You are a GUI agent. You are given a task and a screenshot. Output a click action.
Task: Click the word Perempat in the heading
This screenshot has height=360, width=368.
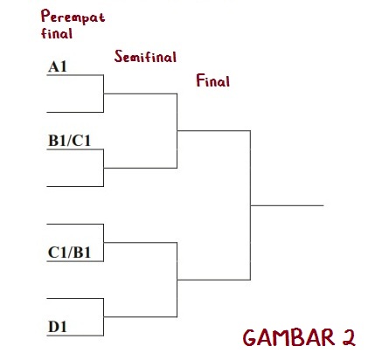[x=73, y=17]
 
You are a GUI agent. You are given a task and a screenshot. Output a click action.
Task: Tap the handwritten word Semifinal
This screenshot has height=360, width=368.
[x=145, y=57]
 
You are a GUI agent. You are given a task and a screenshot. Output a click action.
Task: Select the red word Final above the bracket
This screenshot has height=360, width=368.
[x=213, y=80]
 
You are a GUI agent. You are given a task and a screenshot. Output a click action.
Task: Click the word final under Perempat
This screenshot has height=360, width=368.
[x=57, y=33]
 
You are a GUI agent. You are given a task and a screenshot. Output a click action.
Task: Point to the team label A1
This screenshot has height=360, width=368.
[x=58, y=66]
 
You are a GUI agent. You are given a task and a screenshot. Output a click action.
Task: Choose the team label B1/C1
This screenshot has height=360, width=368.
[x=69, y=141]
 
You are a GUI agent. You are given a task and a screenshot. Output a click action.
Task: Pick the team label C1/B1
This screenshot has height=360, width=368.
[x=69, y=253]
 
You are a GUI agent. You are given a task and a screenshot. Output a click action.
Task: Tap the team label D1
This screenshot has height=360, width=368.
[x=58, y=327]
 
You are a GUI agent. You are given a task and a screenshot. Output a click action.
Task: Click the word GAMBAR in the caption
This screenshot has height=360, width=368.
[x=288, y=337]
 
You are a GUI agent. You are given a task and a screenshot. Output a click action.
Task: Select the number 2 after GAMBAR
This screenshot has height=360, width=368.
[x=349, y=337]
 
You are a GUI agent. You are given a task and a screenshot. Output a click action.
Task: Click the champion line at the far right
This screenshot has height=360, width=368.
[x=287, y=205]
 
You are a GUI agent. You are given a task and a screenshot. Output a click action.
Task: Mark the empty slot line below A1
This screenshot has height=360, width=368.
[x=75, y=112]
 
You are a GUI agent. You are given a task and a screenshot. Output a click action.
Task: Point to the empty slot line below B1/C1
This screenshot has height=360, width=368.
[x=75, y=186]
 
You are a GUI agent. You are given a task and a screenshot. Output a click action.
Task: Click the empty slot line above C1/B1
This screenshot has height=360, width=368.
[x=75, y=224]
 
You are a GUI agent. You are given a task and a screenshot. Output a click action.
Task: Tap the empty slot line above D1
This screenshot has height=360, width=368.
[x=75, y=298]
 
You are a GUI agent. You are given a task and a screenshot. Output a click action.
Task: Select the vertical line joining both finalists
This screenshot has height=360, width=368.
[x=250, y=205]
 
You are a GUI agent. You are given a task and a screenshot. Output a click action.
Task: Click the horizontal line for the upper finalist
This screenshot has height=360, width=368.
[x=214, y=131]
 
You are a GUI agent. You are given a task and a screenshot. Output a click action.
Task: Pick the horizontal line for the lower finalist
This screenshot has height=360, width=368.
[x=214, y=280]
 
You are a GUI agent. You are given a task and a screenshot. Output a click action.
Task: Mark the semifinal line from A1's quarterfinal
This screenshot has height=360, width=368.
[x=141, y=93]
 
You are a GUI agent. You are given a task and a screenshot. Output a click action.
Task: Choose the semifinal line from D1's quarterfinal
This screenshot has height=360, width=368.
[x=141, y=316]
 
